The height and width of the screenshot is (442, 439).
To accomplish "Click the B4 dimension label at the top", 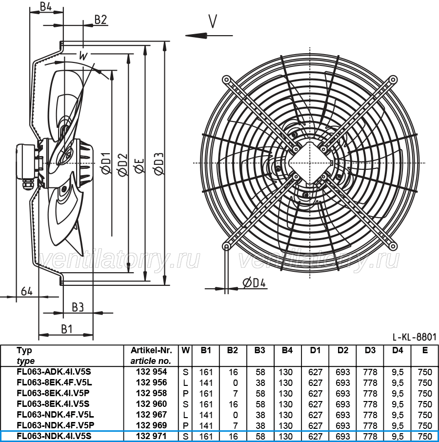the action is [x=46, y=6].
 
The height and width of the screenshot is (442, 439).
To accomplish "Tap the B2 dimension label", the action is [x=100, y=20].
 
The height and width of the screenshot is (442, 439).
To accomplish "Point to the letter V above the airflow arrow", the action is [x=213, y=21].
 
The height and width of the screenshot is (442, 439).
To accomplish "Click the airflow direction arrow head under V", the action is [x=197, y=36].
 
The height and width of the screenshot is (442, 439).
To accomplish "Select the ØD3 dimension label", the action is [x=159, y=163].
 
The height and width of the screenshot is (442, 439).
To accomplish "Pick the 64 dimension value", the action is [x=27, y=291].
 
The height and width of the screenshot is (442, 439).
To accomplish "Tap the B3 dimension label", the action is [x=78, y=307].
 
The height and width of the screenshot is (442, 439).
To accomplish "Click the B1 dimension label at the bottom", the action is [x=67, y=329].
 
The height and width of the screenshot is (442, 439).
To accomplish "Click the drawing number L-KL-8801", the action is [x=414, y=337].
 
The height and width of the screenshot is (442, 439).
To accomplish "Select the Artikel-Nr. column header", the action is [x=151, y=350].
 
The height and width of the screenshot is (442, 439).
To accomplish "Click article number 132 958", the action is [x=152, y=393].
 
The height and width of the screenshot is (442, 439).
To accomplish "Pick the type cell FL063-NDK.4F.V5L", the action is [x=55, y=415].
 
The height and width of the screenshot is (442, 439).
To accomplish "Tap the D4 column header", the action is [x=398, y=350].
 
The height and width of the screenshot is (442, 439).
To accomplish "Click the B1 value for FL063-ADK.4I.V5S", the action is [x=206, y=372].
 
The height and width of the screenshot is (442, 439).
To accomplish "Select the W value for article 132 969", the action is [x=185, y=425].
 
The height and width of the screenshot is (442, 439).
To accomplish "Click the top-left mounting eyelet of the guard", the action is [x=226, y=80].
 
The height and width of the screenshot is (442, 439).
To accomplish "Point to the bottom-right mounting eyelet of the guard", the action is [x=393, y=246].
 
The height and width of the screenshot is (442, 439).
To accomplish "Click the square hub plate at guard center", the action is [x=310, y=163].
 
